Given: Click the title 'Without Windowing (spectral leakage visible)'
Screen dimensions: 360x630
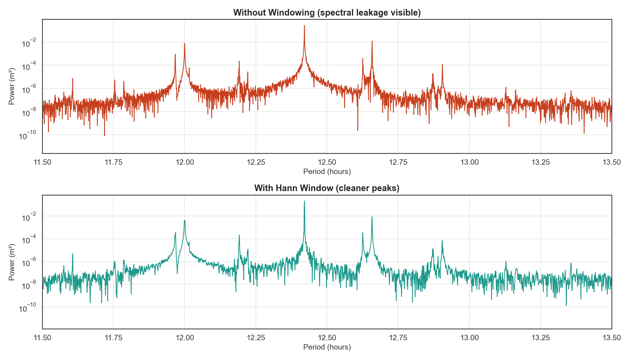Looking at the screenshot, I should click(327, 13).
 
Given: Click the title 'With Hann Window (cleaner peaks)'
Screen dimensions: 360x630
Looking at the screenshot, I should click(327, 188).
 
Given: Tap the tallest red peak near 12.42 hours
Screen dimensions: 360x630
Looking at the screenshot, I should click(304, 26).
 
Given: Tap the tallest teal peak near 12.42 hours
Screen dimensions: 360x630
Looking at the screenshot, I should click(304, 201).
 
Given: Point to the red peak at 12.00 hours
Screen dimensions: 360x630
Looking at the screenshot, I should click(184, 43).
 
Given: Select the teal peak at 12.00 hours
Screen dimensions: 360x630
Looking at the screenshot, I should click(184, 221).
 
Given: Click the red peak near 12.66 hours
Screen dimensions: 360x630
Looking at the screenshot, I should click(372, 41).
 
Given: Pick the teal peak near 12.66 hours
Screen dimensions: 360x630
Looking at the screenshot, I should click(372, 217).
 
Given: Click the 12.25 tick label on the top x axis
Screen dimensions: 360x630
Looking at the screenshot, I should click(256, 162).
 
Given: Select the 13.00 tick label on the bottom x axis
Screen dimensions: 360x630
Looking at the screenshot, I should click(469, 338).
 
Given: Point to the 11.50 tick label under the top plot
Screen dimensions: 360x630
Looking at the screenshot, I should click(42, 162).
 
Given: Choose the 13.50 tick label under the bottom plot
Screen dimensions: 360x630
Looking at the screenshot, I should click(611, 338).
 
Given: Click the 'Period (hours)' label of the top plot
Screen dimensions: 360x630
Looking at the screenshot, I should click(327, 172).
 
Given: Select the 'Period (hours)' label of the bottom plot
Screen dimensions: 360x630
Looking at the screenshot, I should click(327, 347).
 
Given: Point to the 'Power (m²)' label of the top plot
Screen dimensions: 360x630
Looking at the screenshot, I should click(12, 86).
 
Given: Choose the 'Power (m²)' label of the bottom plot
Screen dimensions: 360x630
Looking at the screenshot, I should click(12, 262).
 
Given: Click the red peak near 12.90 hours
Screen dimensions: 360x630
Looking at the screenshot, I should click(442, 64).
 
